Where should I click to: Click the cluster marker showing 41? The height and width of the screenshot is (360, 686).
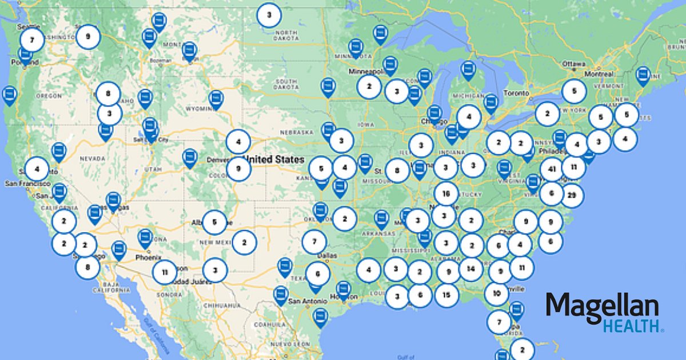[x=551, y=170]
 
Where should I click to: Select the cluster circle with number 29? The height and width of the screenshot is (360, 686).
[x=571, y=196]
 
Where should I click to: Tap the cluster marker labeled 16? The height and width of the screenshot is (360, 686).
[x=446, y=194]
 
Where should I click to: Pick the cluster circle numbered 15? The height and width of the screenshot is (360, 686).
[x=446, y=295]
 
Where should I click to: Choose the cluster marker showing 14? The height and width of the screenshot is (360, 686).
[x=471, y=269]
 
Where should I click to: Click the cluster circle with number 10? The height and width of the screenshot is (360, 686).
[x=496, y=294]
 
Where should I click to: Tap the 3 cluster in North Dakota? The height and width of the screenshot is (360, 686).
[x=269, y=15]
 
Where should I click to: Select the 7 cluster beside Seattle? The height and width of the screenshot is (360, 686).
[x=32, y=41]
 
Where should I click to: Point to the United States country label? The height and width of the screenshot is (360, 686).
[x=274, y=159]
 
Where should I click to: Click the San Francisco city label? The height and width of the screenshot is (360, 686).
[x=27, y=183]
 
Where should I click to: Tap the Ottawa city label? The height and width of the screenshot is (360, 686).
[x=574, y=63]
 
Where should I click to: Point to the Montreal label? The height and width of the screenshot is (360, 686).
[x=599, y=74]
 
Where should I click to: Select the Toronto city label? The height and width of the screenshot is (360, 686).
[x=517, y=93]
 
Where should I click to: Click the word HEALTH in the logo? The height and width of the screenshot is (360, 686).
[x=632, y=326]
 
